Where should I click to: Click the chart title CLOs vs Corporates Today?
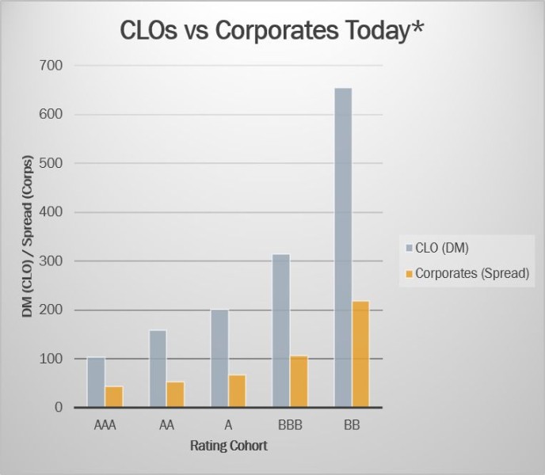(x=272, y=31)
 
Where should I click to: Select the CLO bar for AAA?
(x=96, y=382)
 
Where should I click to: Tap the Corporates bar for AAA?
(x=114, y=396)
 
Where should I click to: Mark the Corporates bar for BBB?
(x=299, y=381)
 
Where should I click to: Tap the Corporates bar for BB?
(x=361, y=354)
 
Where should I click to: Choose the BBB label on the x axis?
(x=291, y=425)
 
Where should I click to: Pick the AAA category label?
(x=105, y=425)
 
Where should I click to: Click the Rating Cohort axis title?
(x=229, y=446)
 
